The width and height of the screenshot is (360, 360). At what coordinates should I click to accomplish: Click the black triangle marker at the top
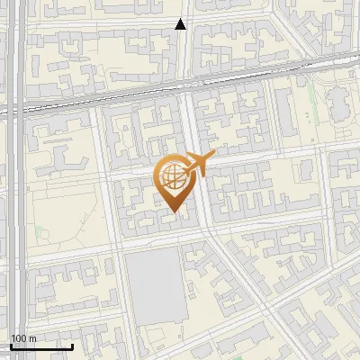pyautogui.click(x=181, y=24)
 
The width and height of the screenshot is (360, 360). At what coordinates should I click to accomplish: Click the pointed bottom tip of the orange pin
pyautogui.click(x=174, y=211)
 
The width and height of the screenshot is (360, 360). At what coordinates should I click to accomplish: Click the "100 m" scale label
pyautogui.click(x=22, y=337)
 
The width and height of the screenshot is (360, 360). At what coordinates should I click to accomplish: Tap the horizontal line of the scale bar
pyautogui.click(x=41, y=346)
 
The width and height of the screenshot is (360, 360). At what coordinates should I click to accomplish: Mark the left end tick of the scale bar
pyautogui.click(x=11, y=344)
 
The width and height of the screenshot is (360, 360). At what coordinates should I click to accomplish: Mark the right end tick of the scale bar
pyautogui.click(x=72, y=344)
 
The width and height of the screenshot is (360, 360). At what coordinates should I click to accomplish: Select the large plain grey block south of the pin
pyautogui.click(x=153, y=284)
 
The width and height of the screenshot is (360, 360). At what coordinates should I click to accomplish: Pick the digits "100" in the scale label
pyautogui.click(x=19, y=337)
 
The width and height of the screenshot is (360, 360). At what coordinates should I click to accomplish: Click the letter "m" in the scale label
pyautogui.click(x=31, y=337)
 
